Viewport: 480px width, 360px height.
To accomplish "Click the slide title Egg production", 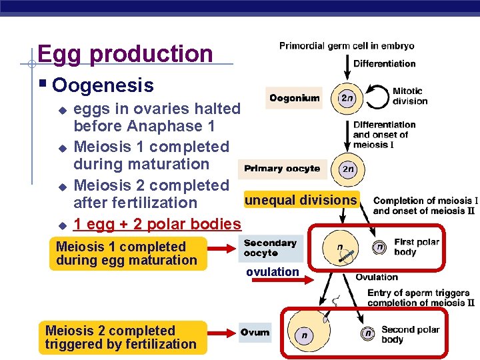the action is click(x=125, y=54).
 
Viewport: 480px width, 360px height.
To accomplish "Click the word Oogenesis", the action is click(x=103, y=85).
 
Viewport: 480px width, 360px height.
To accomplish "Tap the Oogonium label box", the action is click(x=294, y=98).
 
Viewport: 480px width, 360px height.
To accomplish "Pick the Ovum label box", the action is click(x=255, y=332).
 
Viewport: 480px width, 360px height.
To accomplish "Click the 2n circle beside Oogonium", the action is click(x=347, y=98).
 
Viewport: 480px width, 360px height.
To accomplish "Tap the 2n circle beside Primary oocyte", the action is click(x=347, y=169).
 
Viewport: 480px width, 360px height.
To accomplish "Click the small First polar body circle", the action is click(x=379, y=247).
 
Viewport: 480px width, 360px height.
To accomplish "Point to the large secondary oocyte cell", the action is click(x=342, y=249).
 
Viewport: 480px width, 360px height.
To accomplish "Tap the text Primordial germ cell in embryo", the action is click(x=346, y=46).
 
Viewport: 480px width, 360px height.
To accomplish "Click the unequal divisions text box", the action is click(x=301, y=200).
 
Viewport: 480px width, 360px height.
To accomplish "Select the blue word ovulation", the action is click(x=272, y=271).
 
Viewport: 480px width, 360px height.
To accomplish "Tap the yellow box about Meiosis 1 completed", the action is click(x=127, y=254).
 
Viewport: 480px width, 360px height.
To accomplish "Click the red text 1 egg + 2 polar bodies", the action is click(x=157, y=224).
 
